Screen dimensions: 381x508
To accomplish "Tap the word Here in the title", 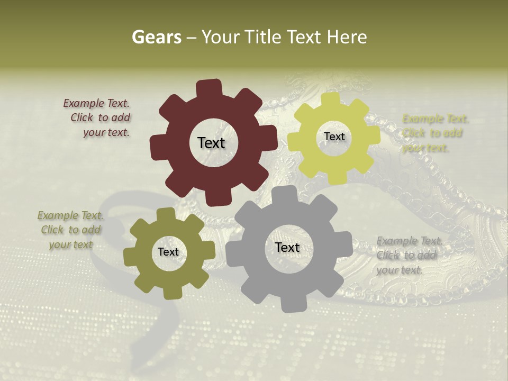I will (347, 37).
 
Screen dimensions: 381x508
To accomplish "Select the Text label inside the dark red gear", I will (211, 143).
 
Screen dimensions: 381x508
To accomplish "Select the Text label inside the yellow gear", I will (334, 137).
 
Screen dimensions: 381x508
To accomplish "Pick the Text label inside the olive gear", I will (168, 252).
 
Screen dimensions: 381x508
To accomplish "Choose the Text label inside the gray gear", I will (287, 247).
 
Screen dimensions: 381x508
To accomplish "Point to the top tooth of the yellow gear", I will (330, 99).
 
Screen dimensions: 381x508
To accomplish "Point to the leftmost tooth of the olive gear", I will (129, 256).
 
